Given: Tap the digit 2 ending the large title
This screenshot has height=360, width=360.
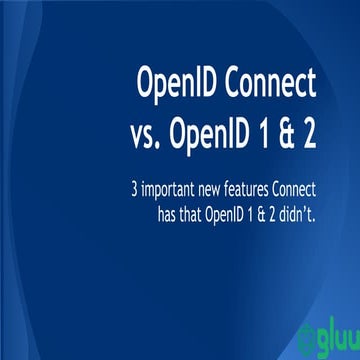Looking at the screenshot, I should (311, 136).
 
